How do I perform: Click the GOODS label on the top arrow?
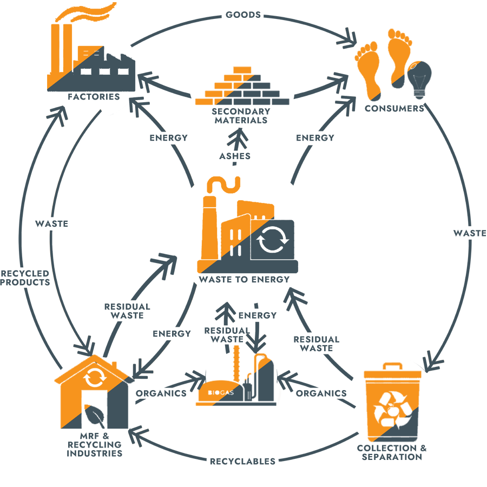click(243, 15)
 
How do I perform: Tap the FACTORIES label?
click(94, 97)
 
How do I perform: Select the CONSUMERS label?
click(394, 108)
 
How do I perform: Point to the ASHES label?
click(235, 156)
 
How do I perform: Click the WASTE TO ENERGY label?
click(244, 280)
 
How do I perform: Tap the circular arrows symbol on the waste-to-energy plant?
click(272, 240)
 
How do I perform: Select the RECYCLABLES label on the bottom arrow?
click(242, 461)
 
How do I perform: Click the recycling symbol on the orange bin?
click(393, 410)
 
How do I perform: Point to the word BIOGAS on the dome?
click(221, 393)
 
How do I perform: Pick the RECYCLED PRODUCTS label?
click(25, 278)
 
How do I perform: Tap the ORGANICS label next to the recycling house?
click(161, 393)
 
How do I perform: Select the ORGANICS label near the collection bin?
click(321, 393)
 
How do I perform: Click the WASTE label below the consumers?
click(470, 233)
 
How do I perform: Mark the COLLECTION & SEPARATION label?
click(392, 452)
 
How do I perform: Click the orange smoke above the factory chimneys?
click(85, 12)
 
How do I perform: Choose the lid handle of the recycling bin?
click(393, 366)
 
